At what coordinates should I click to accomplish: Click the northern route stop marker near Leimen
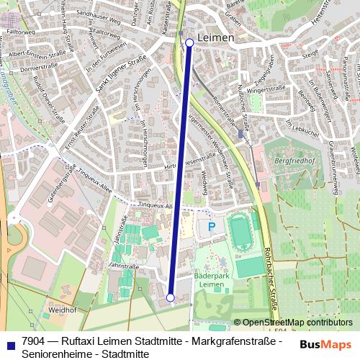click(x=189, y=43)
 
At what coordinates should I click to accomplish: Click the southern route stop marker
click(x=171, y=297)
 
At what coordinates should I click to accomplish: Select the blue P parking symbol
click(x=211, y=227)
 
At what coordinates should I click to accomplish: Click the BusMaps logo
click(x=325, y=344)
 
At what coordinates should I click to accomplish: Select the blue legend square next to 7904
click(x=10, y=343)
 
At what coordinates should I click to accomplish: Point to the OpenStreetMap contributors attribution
click(x=297, y=323)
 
